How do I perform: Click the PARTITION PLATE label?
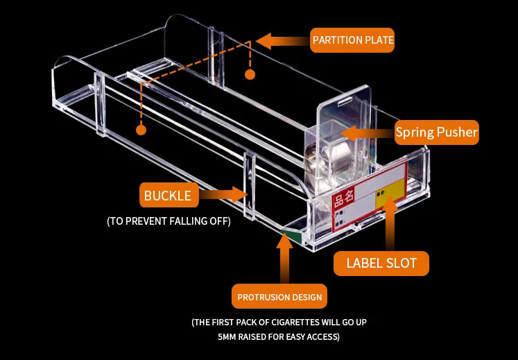pos(352,40)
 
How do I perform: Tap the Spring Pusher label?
pos(436,132)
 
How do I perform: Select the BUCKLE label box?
pos(167,196)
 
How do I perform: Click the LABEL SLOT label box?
pos(381,263)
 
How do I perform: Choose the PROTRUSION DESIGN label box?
pos(279,297)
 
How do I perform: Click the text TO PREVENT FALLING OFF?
pos(169,221)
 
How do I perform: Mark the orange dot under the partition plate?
pos(250,74)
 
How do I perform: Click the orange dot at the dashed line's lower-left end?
pos(141,130)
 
